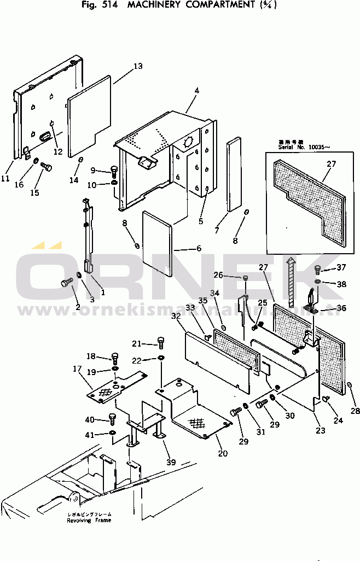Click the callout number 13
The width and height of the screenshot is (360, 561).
click(138, 66)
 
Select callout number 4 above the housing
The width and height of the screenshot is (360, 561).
click(196, 90)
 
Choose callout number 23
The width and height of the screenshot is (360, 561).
click(320, 430)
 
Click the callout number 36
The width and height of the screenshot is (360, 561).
click(341, 308)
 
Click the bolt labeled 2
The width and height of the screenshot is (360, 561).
click(65, 283)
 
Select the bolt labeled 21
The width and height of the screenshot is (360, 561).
click(160, 342)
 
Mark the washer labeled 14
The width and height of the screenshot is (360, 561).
click(80, 160)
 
